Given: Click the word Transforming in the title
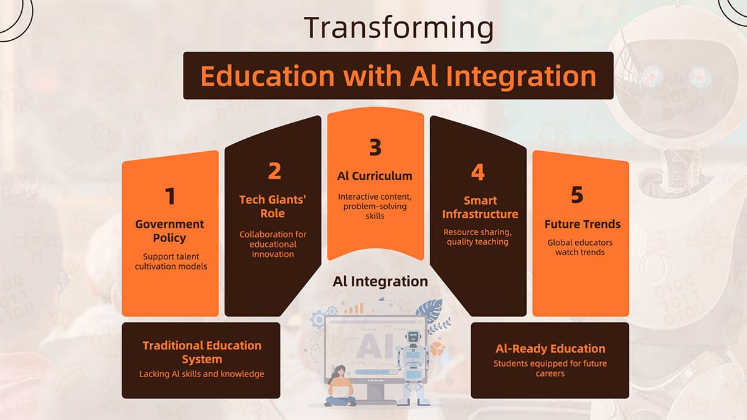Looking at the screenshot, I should tap(398, 27).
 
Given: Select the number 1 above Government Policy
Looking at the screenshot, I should tap(170, 196).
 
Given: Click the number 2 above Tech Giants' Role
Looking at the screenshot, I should tap(274, 171).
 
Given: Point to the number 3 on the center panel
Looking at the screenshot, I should tap(375, 147).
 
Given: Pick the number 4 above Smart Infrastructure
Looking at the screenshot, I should tap(477, 172).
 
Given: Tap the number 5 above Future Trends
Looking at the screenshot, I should tap(577, 195).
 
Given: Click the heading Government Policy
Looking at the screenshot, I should tap(170, 231).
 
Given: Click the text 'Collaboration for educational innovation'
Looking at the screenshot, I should tap(273, 245).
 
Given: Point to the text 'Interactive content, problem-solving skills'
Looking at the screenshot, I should tap(375, 206).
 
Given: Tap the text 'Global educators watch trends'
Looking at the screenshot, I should tap(580, 247).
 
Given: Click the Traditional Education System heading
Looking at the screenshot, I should tap(202, 352).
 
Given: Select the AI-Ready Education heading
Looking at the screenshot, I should tap(550, 348).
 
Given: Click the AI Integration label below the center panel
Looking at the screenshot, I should tap(380, 281).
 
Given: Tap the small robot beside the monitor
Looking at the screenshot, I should tap(413, 361).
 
